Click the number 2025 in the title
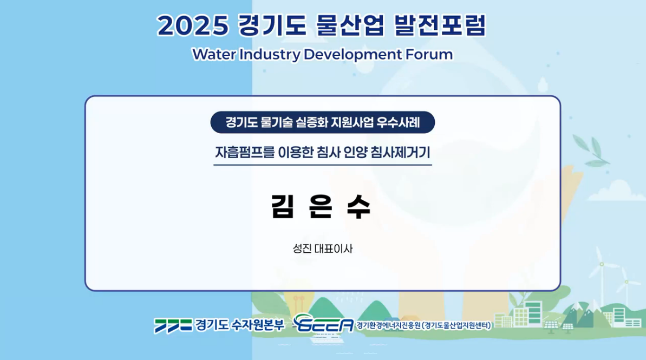click(x=193, y=25)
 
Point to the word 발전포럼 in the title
click(x=440, y=25)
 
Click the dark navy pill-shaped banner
click(x=322, y=122)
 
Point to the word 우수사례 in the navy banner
click(x=400, y=122)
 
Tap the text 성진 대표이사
click(x=323, y=249)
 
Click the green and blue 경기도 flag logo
click(x=173, y=325)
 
